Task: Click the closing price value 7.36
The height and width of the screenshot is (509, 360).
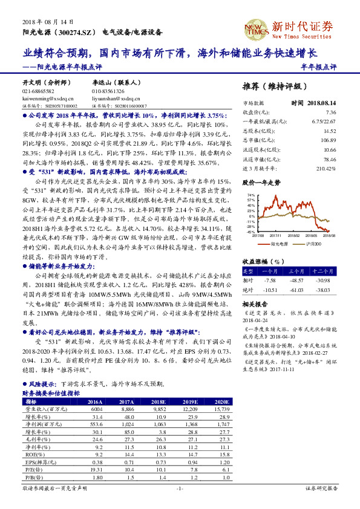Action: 330,112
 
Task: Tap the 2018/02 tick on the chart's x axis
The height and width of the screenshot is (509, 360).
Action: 293,236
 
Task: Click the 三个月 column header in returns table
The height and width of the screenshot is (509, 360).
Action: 295,271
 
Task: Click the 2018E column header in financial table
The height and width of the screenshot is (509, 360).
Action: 159,402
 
